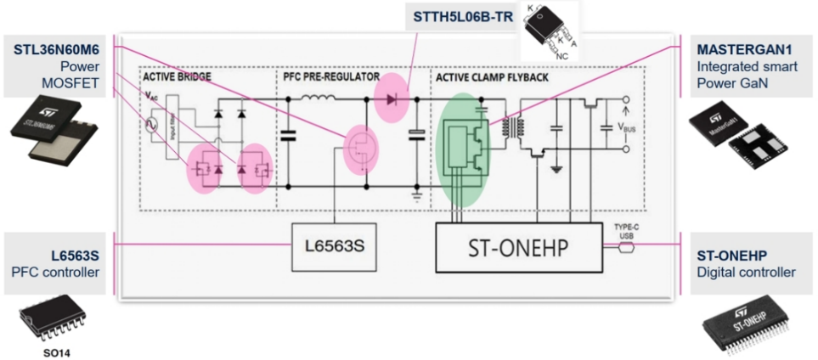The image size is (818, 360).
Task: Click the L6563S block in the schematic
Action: pyautogui.click(x=335, y=248)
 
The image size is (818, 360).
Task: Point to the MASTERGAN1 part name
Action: pyautogui.click(x=746, y=48)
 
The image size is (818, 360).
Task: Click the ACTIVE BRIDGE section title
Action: pyautogui.click(x=178, y=76)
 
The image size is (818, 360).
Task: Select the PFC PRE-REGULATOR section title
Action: pyautogui.click(x=330, y=76)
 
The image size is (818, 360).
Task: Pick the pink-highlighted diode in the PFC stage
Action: pyautogui.click(x=392, y=99)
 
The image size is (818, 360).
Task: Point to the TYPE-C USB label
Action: pyautogui.click(x=628, y=230)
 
